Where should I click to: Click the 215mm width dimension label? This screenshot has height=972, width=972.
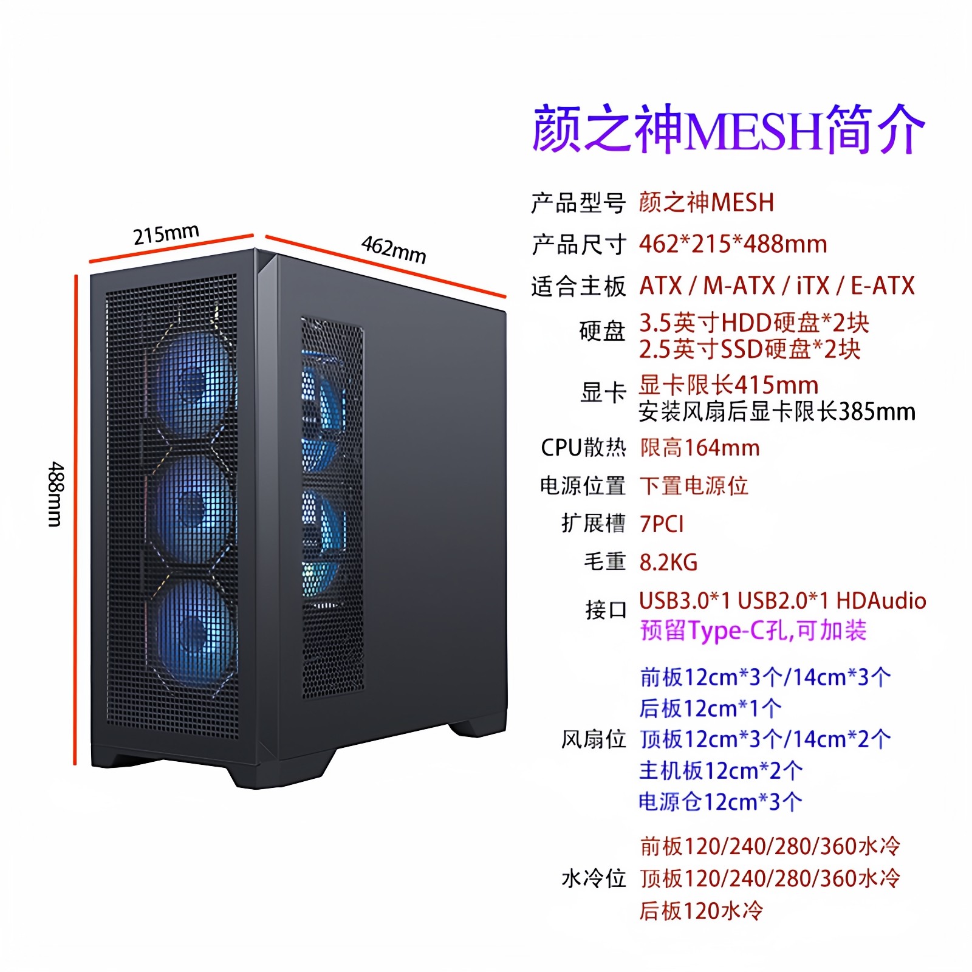click(166, 234)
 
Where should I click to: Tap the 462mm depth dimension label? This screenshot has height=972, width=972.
click(394, 249)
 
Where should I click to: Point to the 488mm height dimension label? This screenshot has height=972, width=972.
click(55, 493)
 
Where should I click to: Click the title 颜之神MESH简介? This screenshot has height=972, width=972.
click(728, 129)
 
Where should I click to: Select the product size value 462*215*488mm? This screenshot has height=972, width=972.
click(733, 244)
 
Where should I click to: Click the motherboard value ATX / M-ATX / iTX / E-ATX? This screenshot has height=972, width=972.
click(776, 286)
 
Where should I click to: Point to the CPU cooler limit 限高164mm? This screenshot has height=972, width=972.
click(699, 448)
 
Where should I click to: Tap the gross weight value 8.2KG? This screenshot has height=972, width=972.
click(668, 562)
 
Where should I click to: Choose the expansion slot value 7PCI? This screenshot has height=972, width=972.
click(662, 524)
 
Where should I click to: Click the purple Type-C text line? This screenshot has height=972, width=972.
click(753, 631)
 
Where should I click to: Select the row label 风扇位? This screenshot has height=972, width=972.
click(593, 739)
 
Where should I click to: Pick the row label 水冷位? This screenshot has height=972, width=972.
click(593, 878)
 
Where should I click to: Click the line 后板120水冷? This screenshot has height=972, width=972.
click(700, 911)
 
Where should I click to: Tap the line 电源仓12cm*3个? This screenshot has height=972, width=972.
click(720, 802)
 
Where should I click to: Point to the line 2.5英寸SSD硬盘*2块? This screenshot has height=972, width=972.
click(749, 349)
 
